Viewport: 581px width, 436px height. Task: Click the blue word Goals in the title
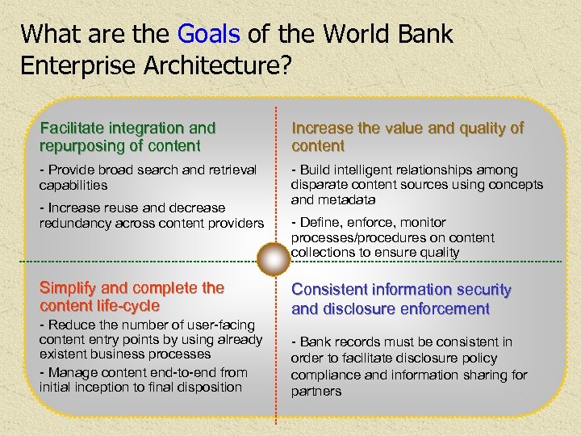(208, 35)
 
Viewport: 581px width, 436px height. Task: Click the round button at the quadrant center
(275, 260)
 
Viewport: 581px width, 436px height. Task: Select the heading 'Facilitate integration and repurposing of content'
(127, 136)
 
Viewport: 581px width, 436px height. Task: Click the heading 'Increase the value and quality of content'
(407, 136)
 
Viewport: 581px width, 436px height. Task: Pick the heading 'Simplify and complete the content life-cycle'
(132, 297)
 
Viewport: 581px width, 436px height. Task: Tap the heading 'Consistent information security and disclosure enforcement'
(401, 299)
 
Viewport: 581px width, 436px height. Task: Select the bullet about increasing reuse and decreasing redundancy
(152, 215)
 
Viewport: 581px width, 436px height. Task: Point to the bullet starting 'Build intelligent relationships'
(416, 184)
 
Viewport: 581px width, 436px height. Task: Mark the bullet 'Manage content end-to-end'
(143, 379)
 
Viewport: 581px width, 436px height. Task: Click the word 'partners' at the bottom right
(316, 392)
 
